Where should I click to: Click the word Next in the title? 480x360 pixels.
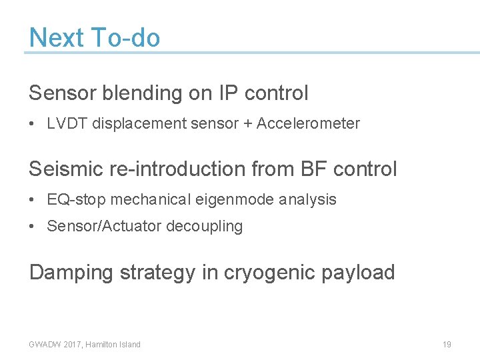point(57,38)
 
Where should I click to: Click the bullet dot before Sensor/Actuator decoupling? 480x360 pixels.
point(33,227)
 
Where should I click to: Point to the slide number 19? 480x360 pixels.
point(447,345)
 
